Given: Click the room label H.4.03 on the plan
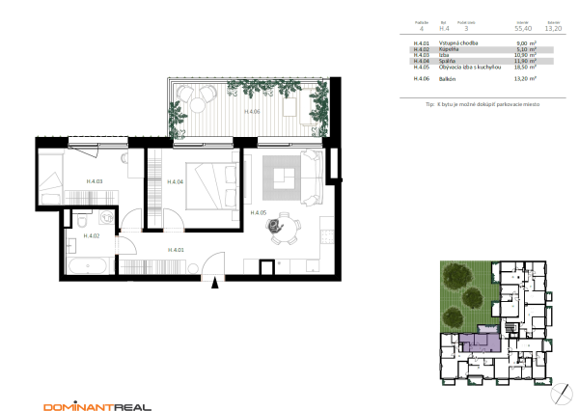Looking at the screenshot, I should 94,181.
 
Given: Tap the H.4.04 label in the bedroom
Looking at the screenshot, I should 175,181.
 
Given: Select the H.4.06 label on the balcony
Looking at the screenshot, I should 252,112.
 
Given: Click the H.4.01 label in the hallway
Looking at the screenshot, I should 177,251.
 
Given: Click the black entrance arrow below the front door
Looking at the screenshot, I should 215,283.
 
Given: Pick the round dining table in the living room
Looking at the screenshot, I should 278,226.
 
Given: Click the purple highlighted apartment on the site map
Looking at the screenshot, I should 480,342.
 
